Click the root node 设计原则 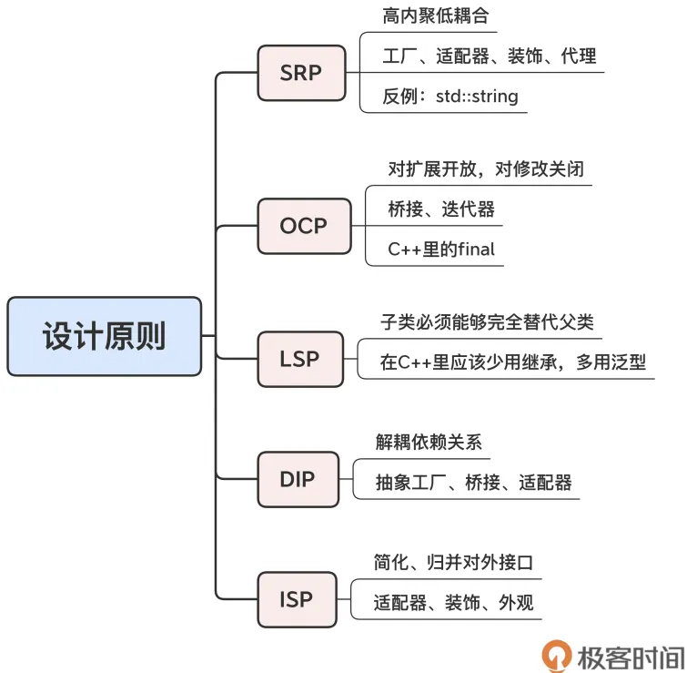coord(104,336)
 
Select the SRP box coord(301,72)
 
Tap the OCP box coord(303,225)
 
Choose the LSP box coord(300,359)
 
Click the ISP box coord(297,599)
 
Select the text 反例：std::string coord(450,96)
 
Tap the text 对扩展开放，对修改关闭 coord(485,169)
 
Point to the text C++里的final coord(441,249)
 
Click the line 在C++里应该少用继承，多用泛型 coord(513,362)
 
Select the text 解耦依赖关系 coord(429,443)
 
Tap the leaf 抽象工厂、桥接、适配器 coord(474,483)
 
